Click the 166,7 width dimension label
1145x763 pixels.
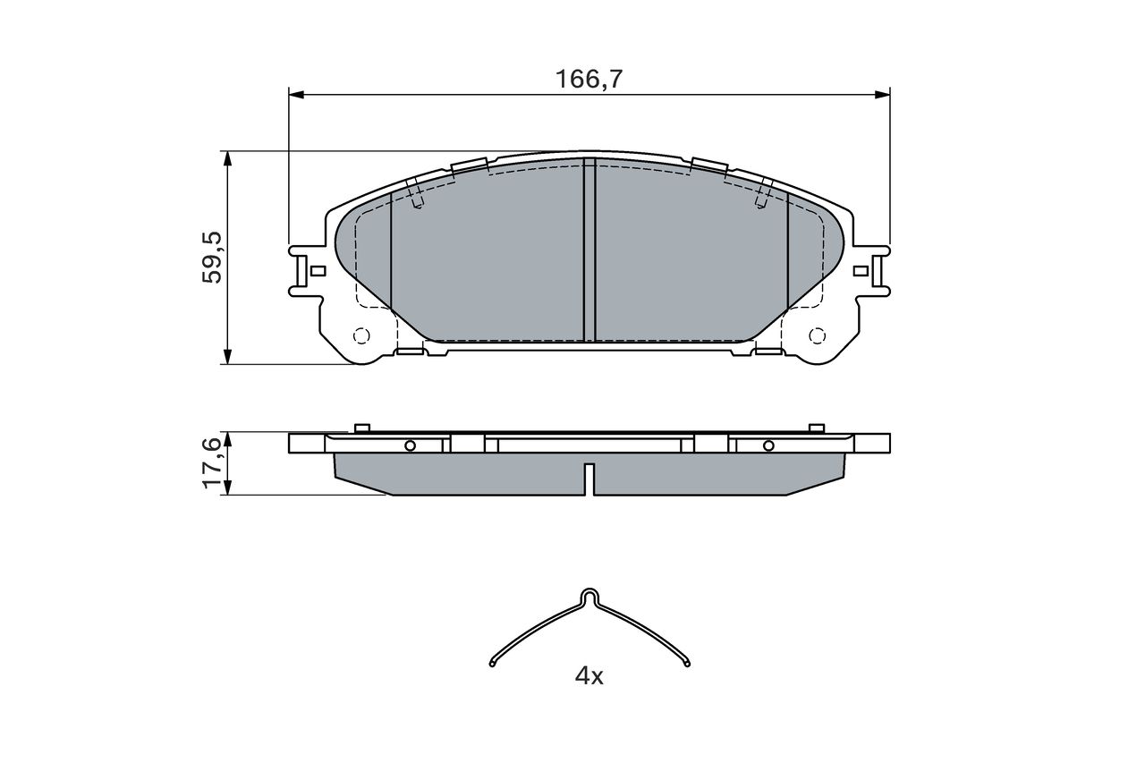coord(589,80)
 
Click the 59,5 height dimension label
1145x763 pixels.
coord(212,257)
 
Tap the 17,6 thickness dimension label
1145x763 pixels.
coord(212,462)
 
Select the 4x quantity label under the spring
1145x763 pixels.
coord(589,676)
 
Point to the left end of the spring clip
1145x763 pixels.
coord(492,664)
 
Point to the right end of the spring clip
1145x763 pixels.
coord(686,664)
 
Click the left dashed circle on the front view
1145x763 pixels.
coord(361,335)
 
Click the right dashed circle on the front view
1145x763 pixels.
coord(817,335)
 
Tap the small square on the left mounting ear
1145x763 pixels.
coord(318,271)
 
